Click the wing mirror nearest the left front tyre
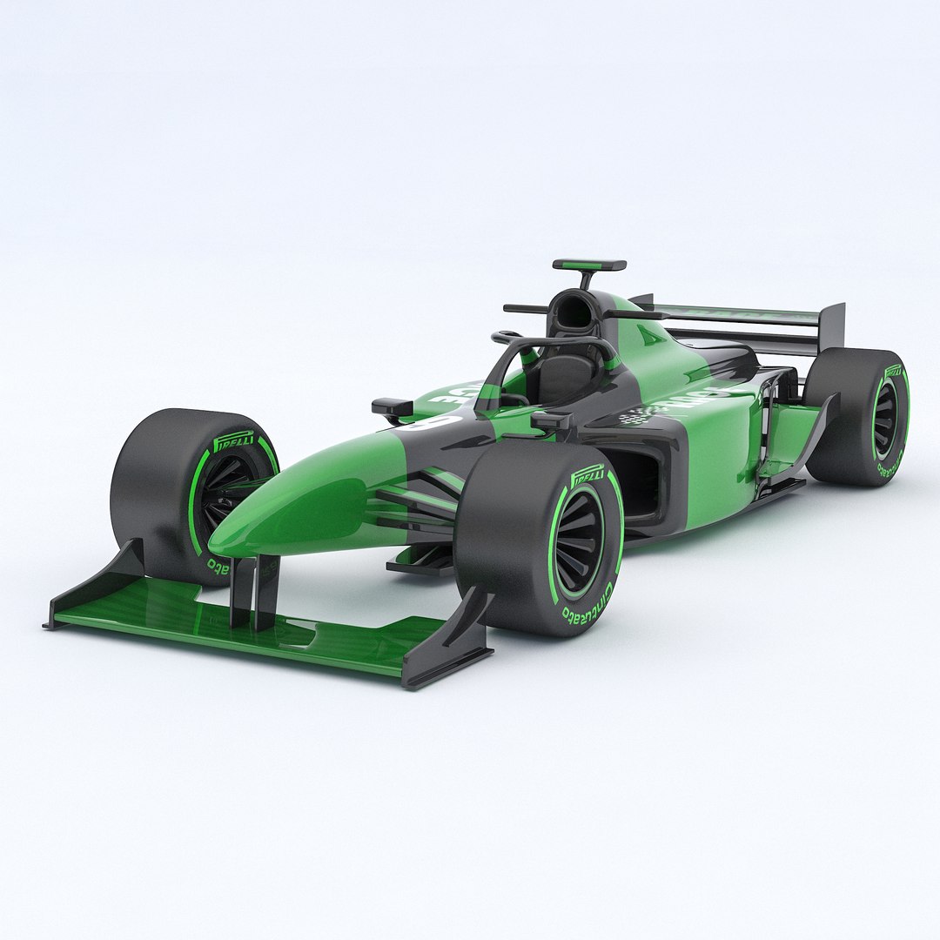392,406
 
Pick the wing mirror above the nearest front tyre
552,421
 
